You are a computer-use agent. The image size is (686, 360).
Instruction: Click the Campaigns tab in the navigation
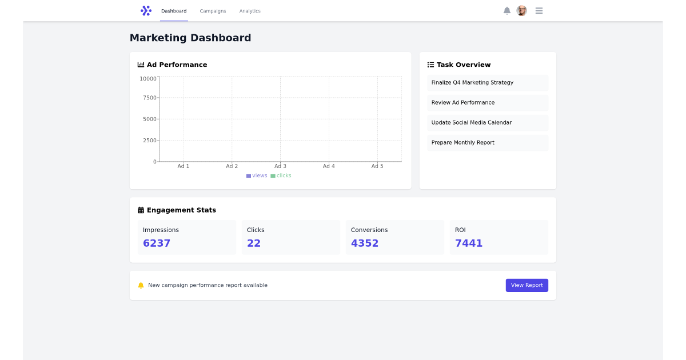click(213, 11)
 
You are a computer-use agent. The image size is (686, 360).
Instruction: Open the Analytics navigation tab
click(250, 11)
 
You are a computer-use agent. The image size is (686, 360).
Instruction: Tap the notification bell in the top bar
click(506, 11)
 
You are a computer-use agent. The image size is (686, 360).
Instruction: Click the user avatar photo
click(521, 11)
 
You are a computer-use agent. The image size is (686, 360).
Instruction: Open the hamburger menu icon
click(539, 11)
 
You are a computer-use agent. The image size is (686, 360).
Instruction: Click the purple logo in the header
click(146, 11)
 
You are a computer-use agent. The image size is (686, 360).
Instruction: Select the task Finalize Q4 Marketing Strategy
click(472, 83)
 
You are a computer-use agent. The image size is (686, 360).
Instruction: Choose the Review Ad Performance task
click(463, 103)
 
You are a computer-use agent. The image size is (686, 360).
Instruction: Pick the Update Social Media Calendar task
click(472, 123)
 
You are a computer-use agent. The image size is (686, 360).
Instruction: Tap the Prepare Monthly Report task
click(463, 143)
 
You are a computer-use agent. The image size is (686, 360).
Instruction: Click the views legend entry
click(257, 176)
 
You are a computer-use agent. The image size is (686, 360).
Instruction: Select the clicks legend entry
click(281, 176)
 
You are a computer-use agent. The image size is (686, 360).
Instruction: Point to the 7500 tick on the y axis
click(149, 98)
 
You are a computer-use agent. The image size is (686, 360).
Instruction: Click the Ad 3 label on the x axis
click(280, 166)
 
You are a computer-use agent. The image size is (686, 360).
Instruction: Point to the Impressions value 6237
click(157, 243)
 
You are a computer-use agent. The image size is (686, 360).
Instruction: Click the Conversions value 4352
click(365, 243)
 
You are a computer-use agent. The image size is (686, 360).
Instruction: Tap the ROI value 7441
click(469, 243)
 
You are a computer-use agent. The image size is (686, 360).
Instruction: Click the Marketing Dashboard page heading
click(190, 38)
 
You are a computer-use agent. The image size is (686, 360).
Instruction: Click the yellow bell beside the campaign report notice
click(141, 285)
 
